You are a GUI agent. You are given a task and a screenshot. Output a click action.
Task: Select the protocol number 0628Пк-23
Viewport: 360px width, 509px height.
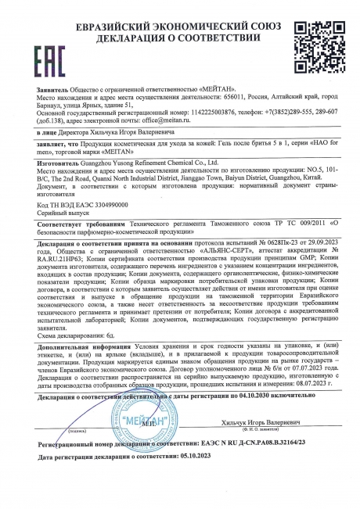point(259,245)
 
